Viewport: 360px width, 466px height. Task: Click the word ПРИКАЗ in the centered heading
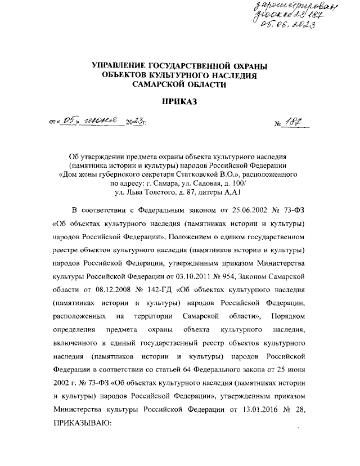pos(180,102)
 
